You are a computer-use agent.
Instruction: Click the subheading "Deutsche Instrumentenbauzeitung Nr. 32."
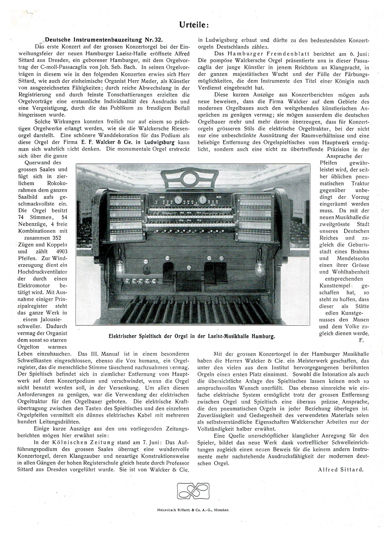(x=104, y=40)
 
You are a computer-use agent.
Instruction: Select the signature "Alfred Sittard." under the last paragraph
(x=341, y=469)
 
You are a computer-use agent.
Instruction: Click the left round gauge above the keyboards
(x=178, y=200)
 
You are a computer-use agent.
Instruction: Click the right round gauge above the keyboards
(x=202, y=200)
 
